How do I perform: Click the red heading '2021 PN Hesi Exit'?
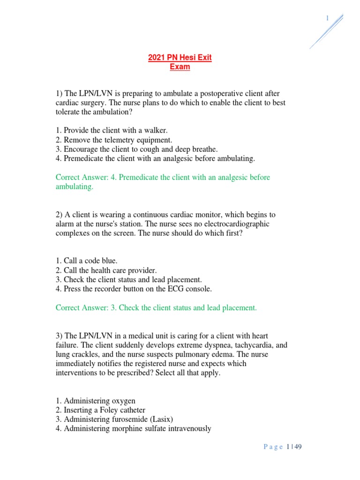180,58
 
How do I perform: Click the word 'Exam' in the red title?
180,67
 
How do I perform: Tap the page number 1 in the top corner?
327,18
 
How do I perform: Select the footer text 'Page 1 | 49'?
283,447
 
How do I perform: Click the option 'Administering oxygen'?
96,401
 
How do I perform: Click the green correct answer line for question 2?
156,308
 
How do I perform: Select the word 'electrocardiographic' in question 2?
235,224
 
